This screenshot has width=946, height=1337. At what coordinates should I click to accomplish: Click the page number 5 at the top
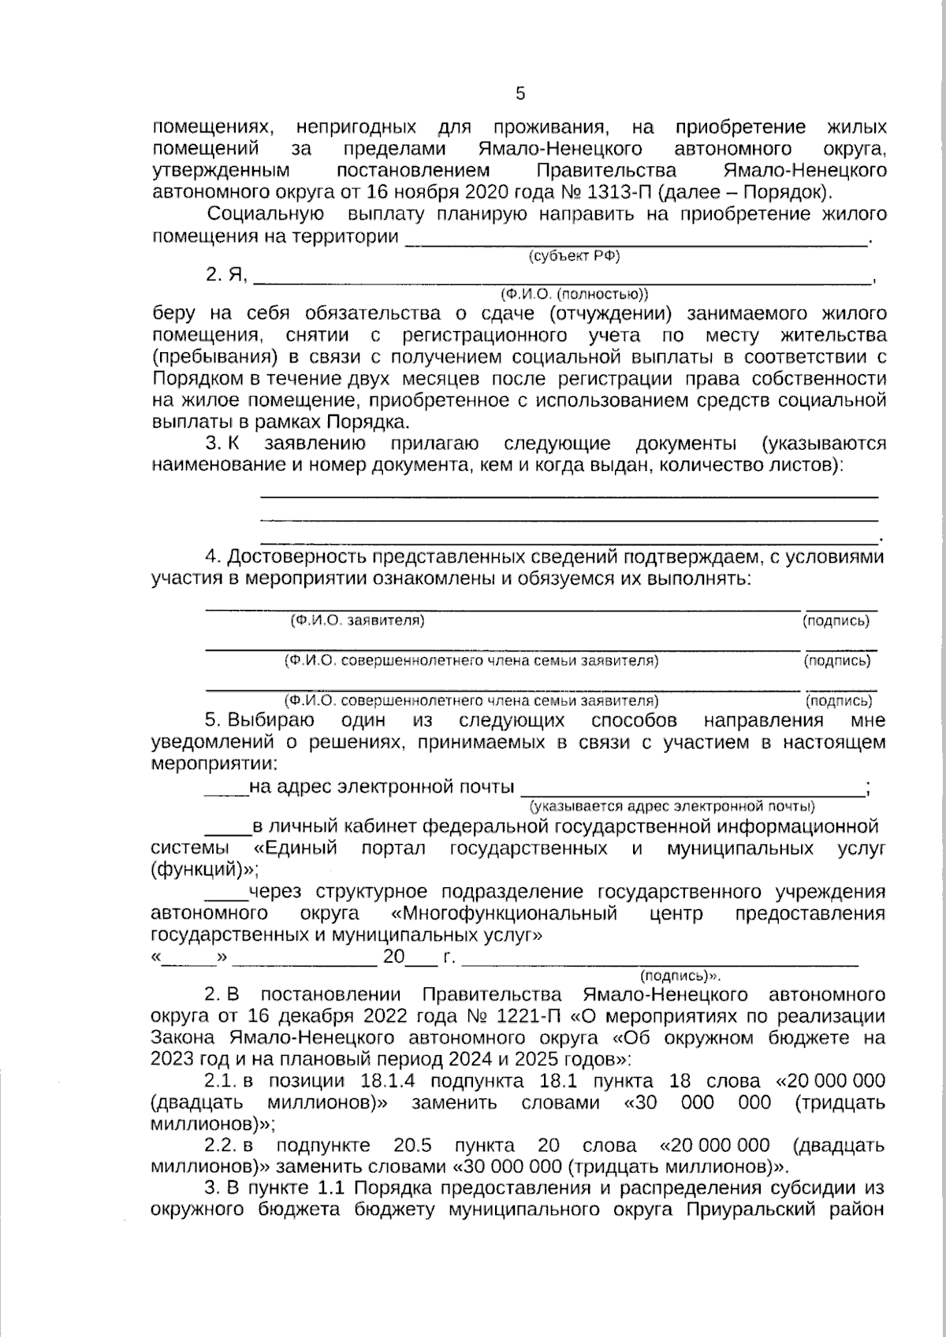point(520,94)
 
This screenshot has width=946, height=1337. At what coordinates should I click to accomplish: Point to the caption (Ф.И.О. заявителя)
point(357,620)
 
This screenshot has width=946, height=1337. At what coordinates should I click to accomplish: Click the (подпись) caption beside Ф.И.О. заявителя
point(836,620)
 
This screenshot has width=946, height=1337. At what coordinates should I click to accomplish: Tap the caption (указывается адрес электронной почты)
point(672,806)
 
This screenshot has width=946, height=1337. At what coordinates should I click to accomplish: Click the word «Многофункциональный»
point(504,914)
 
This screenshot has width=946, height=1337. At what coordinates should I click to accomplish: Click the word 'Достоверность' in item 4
point(296,558)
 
